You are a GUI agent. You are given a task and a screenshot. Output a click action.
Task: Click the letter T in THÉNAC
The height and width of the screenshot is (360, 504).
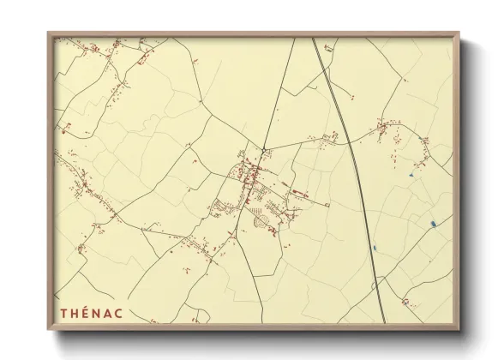point(63,313)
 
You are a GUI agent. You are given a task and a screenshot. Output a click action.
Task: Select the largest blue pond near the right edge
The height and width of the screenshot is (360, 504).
point(435,225)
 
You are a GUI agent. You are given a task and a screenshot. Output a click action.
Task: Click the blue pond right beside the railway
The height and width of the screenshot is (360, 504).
point(375,249)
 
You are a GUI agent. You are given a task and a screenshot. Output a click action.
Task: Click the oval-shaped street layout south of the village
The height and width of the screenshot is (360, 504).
point(263,222)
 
